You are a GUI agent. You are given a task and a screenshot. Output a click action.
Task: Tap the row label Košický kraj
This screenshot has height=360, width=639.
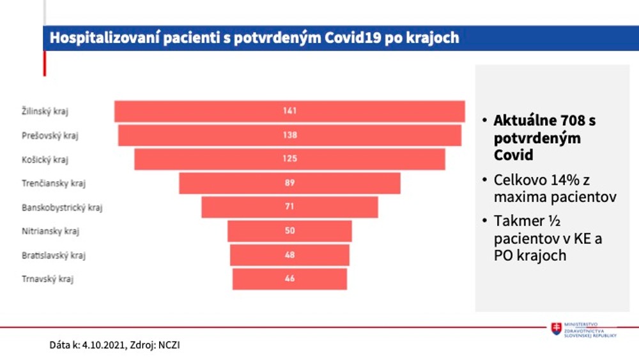pos(45,159)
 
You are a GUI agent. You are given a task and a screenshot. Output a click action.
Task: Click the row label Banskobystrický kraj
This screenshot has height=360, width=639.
pos(62,207)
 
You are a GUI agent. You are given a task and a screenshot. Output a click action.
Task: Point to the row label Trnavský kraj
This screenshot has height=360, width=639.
pos(43,279)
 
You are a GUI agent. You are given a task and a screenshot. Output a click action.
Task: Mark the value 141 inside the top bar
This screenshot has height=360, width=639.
pos(290,111)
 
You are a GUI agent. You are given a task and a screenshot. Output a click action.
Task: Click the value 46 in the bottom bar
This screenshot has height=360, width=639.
pos(290,279)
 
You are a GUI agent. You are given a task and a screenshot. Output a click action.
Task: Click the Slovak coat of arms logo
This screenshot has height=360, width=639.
pos(557,329)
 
